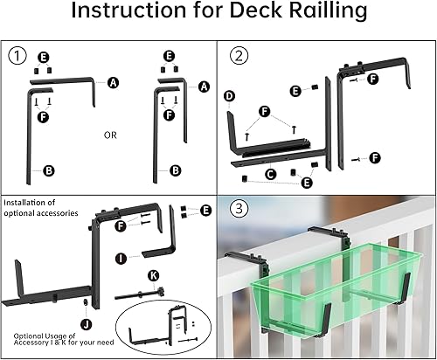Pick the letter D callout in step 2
click(x=229, y=95)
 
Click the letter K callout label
click(x=154, y=274)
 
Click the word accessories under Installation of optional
click(x=79, y=213)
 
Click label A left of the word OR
click(x=113, y=82)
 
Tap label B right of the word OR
click(x=176, y=170)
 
